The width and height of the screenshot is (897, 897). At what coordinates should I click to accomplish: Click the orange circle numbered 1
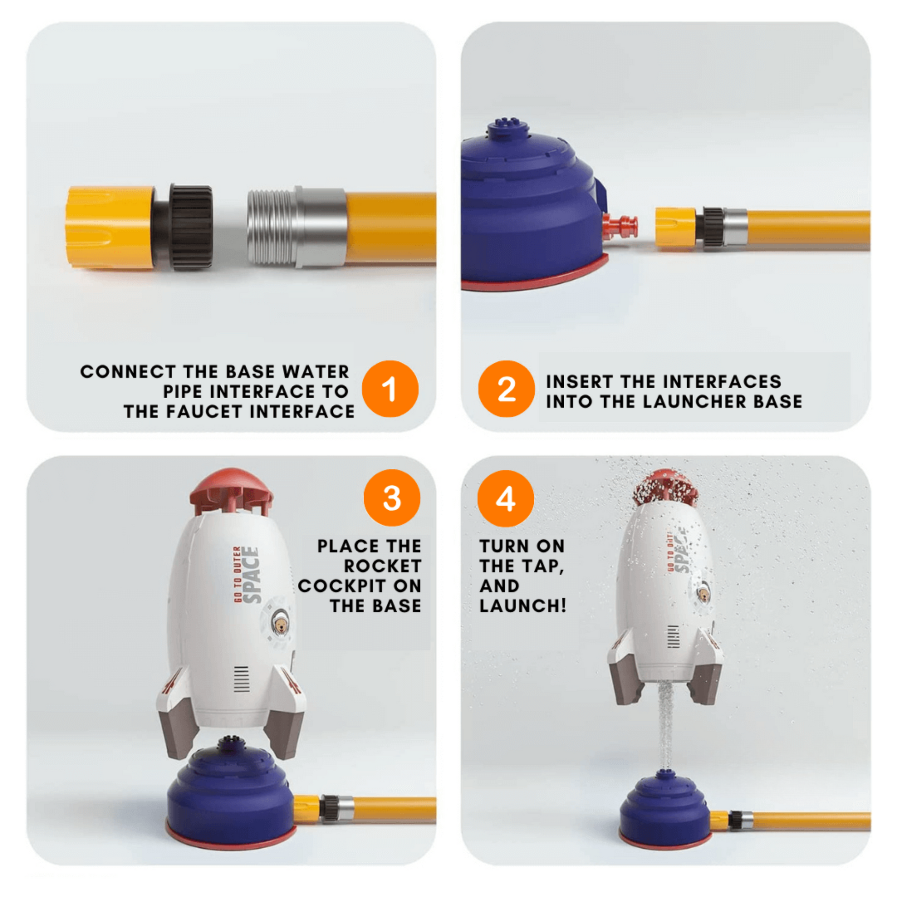point(390,389)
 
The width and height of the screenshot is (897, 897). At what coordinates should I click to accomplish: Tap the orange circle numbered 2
point(506,389)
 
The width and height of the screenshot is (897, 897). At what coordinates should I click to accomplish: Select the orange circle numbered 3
point(392,498)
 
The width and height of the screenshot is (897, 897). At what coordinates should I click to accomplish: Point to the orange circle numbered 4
point(506,498)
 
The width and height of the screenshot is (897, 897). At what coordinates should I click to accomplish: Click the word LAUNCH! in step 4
point(523,606)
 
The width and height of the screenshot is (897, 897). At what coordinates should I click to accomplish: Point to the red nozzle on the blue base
point(620,225)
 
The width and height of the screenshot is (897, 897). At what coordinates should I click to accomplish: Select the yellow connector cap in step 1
point(110,228)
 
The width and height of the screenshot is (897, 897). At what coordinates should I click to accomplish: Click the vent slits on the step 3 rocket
point(241,679)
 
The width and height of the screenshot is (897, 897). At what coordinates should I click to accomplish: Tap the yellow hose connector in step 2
point(676,227)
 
